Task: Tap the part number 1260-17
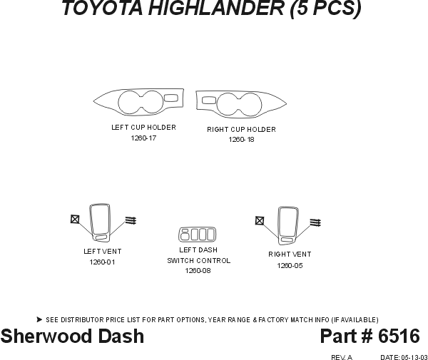tap(143, 138)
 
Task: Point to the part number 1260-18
tap(241, 140)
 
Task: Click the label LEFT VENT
tap(102, 252)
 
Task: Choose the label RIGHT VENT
tap(290, 254)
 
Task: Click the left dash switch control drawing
tap(196, 234)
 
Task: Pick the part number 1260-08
tap(198, 271)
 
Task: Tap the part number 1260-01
tap(102, 262)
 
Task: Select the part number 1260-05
tap(290, 265)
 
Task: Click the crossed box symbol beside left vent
tap(75, 220)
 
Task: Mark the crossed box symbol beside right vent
tap(260, 221)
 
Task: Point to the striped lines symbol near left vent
tap(131, 220)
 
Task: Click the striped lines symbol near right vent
tap(315, 222)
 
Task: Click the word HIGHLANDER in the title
tap(210, 9)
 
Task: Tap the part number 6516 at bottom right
tap(399, 336)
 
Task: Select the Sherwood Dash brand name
tap(72, 336)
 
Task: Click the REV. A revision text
tap(342, 356)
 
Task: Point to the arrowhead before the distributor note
tap(39, 319)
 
